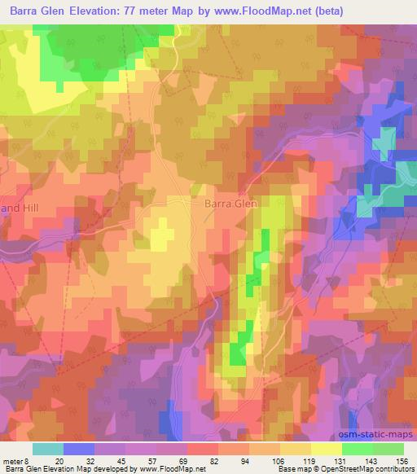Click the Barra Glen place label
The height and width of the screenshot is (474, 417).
tap(230, 204)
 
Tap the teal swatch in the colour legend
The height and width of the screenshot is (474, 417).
tap(48, 449)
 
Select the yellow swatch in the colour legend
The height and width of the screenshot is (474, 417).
tap(327, 449)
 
